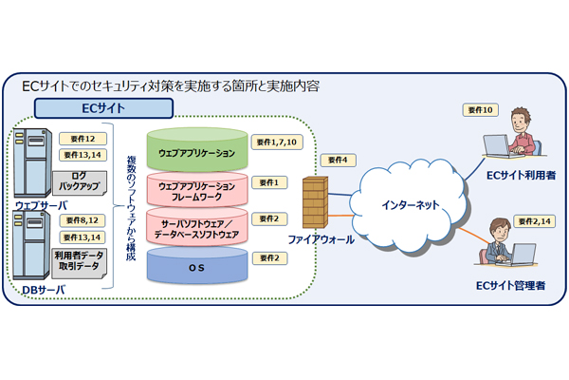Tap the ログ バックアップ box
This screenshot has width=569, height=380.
coord(86,181)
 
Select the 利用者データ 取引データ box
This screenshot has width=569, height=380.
coord(86,261)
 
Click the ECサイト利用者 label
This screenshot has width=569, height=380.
coord(520,175)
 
